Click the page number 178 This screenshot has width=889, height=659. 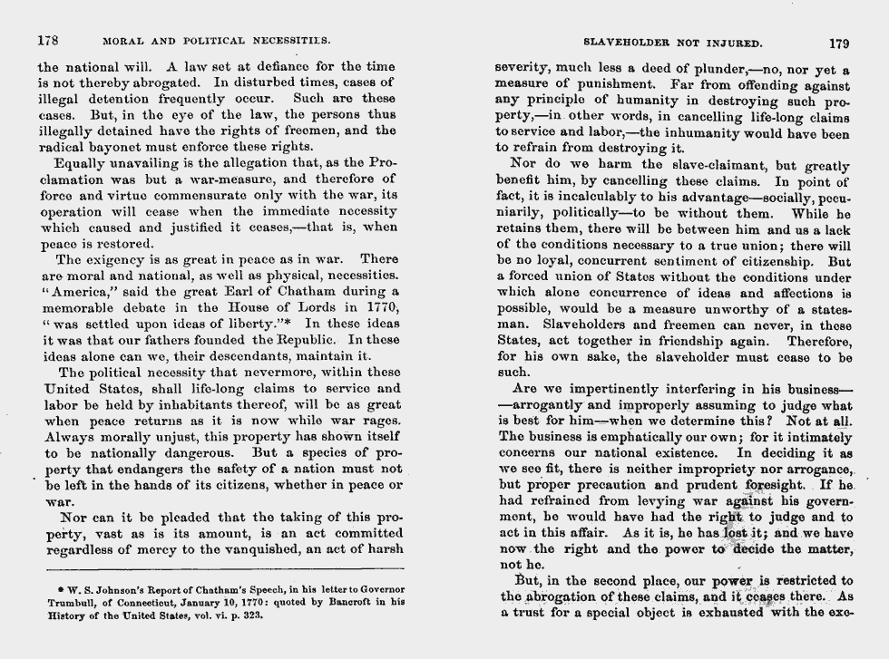(x=47, y=41)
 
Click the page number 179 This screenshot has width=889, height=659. (x=839, y=42)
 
